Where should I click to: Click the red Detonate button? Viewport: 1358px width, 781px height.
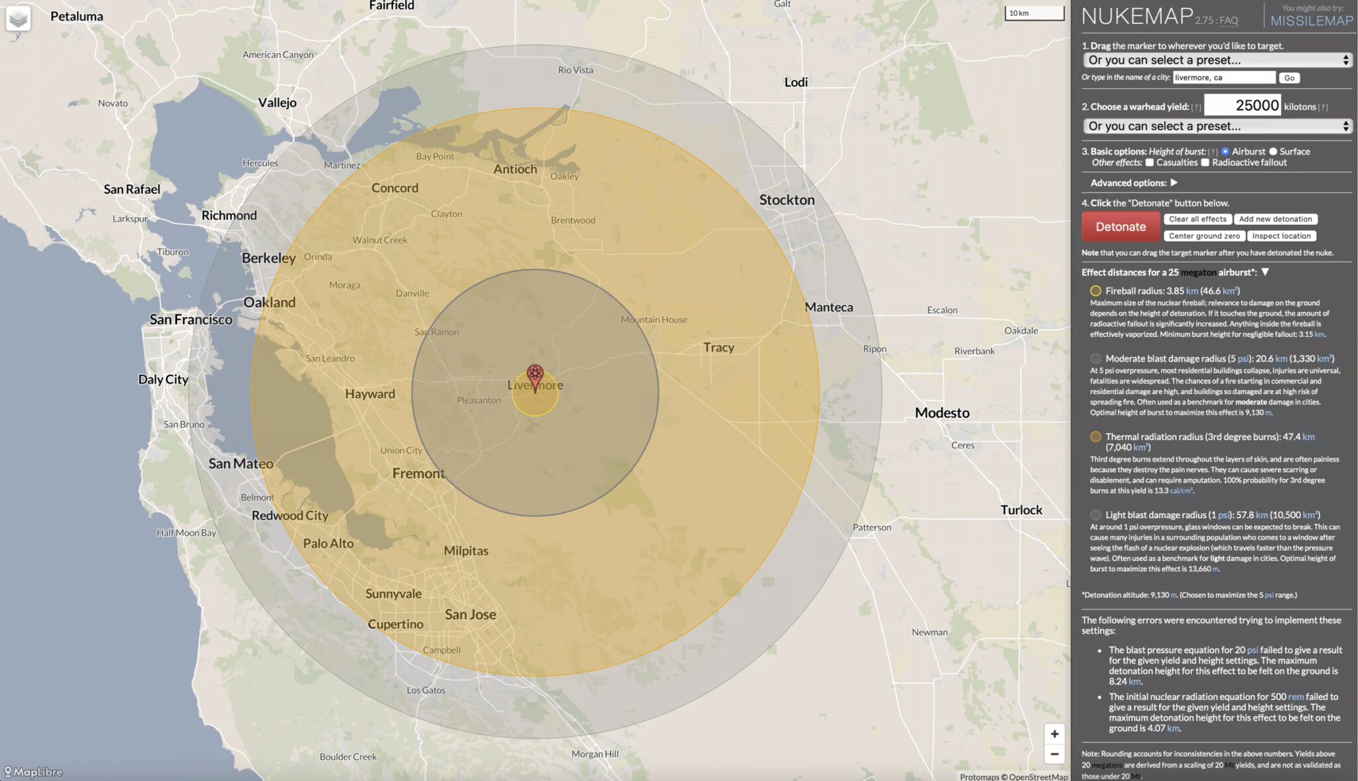(1120, 227)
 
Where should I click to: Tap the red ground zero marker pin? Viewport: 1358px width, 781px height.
(535, 376)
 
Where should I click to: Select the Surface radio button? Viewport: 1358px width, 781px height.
(1273, 152)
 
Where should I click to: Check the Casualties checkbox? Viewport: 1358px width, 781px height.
(1150, 163)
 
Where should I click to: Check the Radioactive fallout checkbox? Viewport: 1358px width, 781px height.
(1205, 163)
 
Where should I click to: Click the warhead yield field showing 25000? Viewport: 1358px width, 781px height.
(1242, 106)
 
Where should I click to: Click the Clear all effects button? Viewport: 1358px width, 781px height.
(1198, 219)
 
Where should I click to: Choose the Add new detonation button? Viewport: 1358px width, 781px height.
(1275, 219)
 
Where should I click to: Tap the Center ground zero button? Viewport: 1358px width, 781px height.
(1204, 236)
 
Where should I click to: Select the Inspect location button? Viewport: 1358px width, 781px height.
(1281, 236)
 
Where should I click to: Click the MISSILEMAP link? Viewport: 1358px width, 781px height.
(1312, 21)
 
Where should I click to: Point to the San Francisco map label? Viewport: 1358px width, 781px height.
(191, 320)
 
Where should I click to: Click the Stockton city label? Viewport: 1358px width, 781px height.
(786, 200)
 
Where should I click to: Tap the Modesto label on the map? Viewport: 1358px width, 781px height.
(942, 413)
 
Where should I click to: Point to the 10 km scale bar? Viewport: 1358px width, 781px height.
(1034, 13)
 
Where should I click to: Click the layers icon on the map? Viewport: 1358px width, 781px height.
(19, 18)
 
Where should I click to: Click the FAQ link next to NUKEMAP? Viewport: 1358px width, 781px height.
(1228, 21)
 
